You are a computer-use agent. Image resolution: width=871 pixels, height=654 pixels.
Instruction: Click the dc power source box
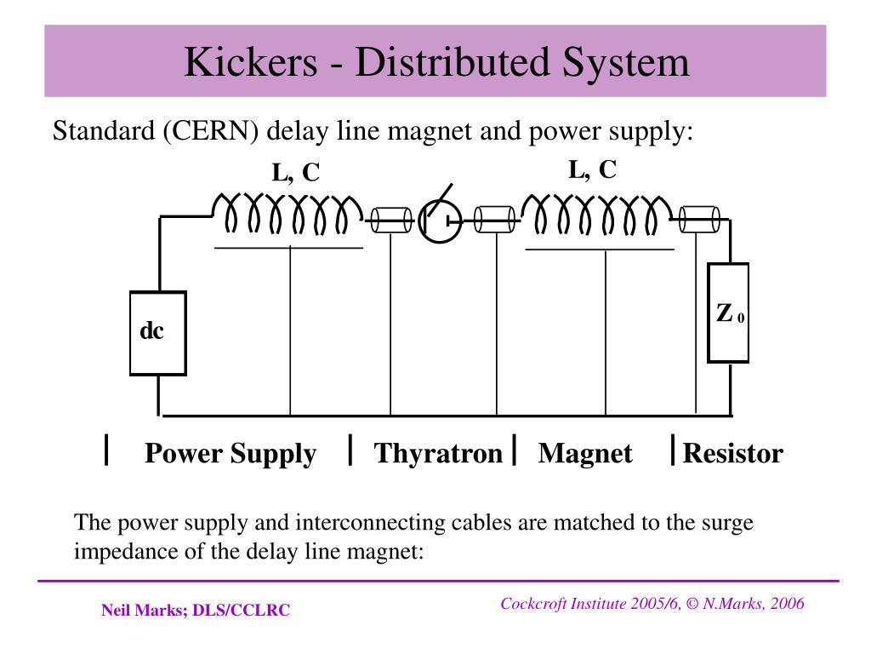click(157, 333)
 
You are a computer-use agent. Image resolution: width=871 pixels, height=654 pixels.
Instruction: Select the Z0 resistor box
click(728, 313)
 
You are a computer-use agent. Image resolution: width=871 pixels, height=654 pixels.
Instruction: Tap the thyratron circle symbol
click(440, 221)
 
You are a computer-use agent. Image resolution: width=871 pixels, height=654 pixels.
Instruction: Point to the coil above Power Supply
click(287, 213)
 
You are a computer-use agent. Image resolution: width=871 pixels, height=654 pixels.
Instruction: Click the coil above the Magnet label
click(598, 215)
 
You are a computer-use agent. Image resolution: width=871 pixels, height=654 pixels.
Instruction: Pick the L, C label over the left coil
click(295, 172)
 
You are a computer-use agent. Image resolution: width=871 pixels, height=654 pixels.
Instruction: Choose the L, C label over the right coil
click(593, 169)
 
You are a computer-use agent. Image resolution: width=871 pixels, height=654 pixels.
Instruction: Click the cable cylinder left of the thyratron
click(391, 221)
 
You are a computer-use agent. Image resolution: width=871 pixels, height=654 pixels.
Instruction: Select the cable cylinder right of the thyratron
click(494, 220)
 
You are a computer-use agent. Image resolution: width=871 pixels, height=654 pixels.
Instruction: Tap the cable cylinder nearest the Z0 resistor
click(699, 219)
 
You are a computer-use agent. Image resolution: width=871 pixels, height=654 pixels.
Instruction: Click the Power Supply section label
click(231, 454)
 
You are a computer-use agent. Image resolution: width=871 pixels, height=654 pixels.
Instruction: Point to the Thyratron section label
click(438, 453)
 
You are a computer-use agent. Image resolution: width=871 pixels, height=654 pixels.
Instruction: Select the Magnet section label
click(585, 454)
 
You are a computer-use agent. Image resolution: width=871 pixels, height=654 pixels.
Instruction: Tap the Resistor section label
click(732, 453)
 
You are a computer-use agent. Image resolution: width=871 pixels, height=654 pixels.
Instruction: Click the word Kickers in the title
click(251, 61)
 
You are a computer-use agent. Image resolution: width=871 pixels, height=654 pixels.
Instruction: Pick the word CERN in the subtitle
click(211, 131)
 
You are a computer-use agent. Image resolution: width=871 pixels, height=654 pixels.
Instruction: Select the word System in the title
click(625, 62)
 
